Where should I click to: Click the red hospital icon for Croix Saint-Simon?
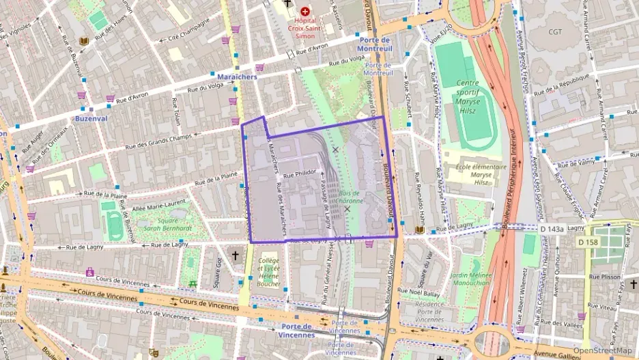[304, 12]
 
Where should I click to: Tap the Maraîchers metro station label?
[237, 77]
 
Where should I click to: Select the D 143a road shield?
[552, 228]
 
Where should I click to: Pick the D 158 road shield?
[587, 243]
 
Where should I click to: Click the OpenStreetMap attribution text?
[602, 350]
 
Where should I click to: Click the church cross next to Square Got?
[236, 255]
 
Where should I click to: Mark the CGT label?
[556, 31]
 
